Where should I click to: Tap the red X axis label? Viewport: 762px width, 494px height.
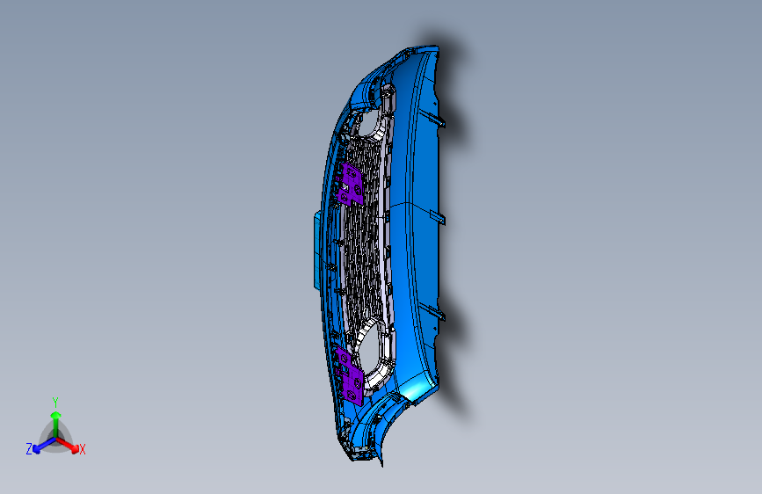coord(83,450)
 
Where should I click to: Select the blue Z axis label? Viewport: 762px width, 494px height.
coord(29,448)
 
